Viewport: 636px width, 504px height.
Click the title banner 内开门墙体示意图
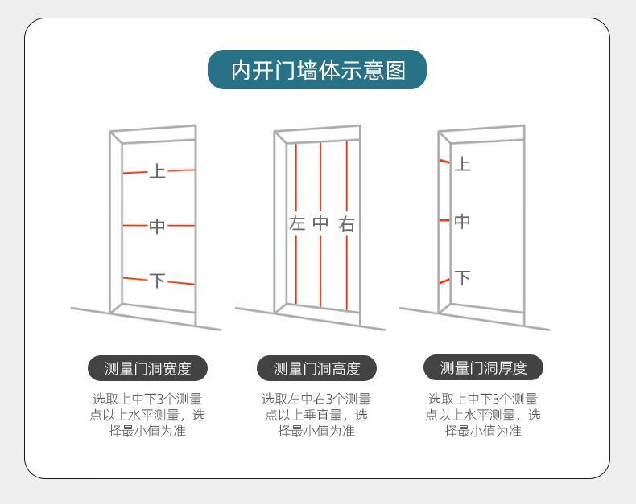[x=317, y=70]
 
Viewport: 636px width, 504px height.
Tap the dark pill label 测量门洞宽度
[x=147, y=368]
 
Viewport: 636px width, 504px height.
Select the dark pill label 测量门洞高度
[x=316, y=368]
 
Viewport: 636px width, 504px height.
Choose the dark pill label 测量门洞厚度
[x=483, y=368]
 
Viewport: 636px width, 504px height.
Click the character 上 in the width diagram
[x=157, y=171]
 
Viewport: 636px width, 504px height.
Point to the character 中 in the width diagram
[x=157, y=226]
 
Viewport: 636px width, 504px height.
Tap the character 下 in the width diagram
[x=157, y=280]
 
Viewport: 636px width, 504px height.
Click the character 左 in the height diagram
[x=297, y=223]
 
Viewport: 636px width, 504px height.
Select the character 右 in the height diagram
[x=347, y=223]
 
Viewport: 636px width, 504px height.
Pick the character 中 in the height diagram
[x=320, y=223]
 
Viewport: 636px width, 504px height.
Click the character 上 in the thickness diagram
[x=462, y=164]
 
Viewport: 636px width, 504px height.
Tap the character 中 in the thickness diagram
[x=462, y=221]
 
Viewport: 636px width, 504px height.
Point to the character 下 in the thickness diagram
[x=462, y=277]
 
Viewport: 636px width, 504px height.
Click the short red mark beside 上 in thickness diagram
[x=444, y=162]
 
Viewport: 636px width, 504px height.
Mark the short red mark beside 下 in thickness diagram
[x=444, y=281]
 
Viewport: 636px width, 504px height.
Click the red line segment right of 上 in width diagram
[x=181, y=170]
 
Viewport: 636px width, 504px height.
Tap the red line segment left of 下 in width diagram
[x=135, y=279]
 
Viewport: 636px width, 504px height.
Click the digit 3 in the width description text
[x=161, y=399]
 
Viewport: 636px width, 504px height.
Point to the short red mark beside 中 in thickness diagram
[x=444, y=220]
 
